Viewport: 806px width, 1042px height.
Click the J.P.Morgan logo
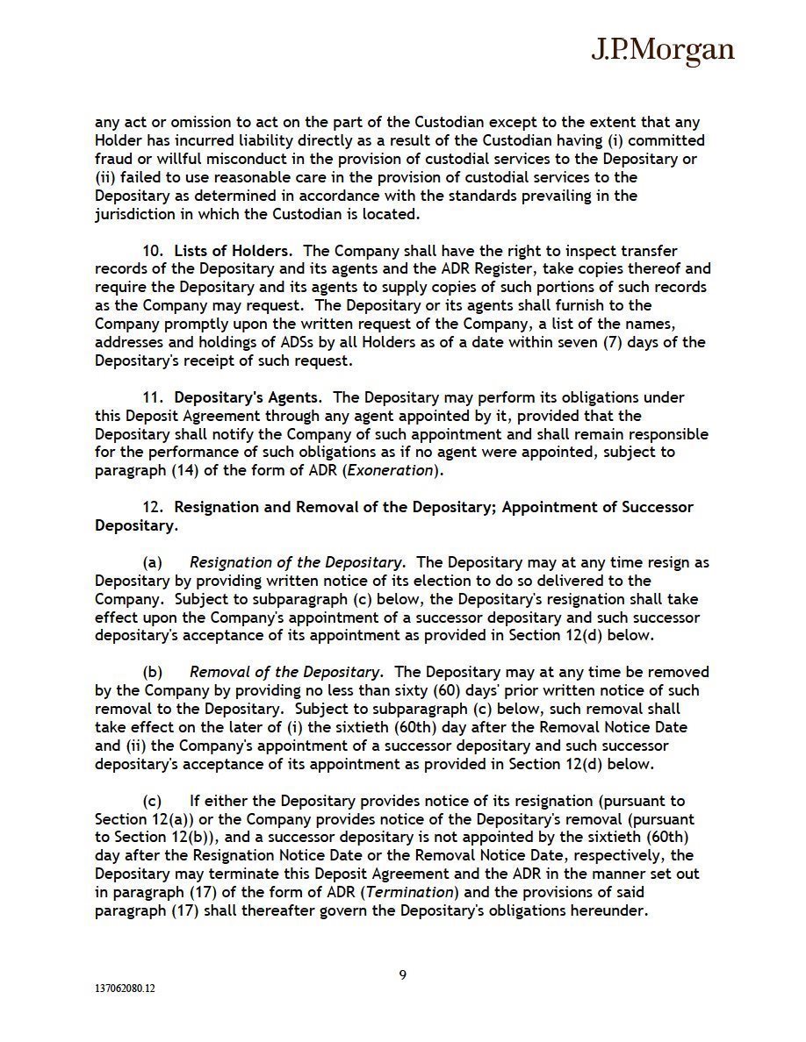[x=662, y=51]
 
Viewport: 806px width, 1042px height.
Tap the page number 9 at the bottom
[x=403, y=974]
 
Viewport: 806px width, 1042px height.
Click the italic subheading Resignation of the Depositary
[x=296, y=562]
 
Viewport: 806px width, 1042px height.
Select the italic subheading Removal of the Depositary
[x=285, y=672]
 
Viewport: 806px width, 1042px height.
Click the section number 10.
[x=153, y=252]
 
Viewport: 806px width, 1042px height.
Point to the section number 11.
[x=153, y=397]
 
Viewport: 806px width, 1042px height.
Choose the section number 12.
[x=153, y=507]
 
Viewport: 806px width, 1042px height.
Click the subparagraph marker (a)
[x=153, y=562]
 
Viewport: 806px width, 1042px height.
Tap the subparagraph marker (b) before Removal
[x=153, y=672]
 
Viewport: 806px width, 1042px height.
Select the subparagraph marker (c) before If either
[x=153, y=801]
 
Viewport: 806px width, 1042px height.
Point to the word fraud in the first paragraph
[x=113, y=159]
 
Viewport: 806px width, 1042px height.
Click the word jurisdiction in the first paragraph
[x=136, y=214]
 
